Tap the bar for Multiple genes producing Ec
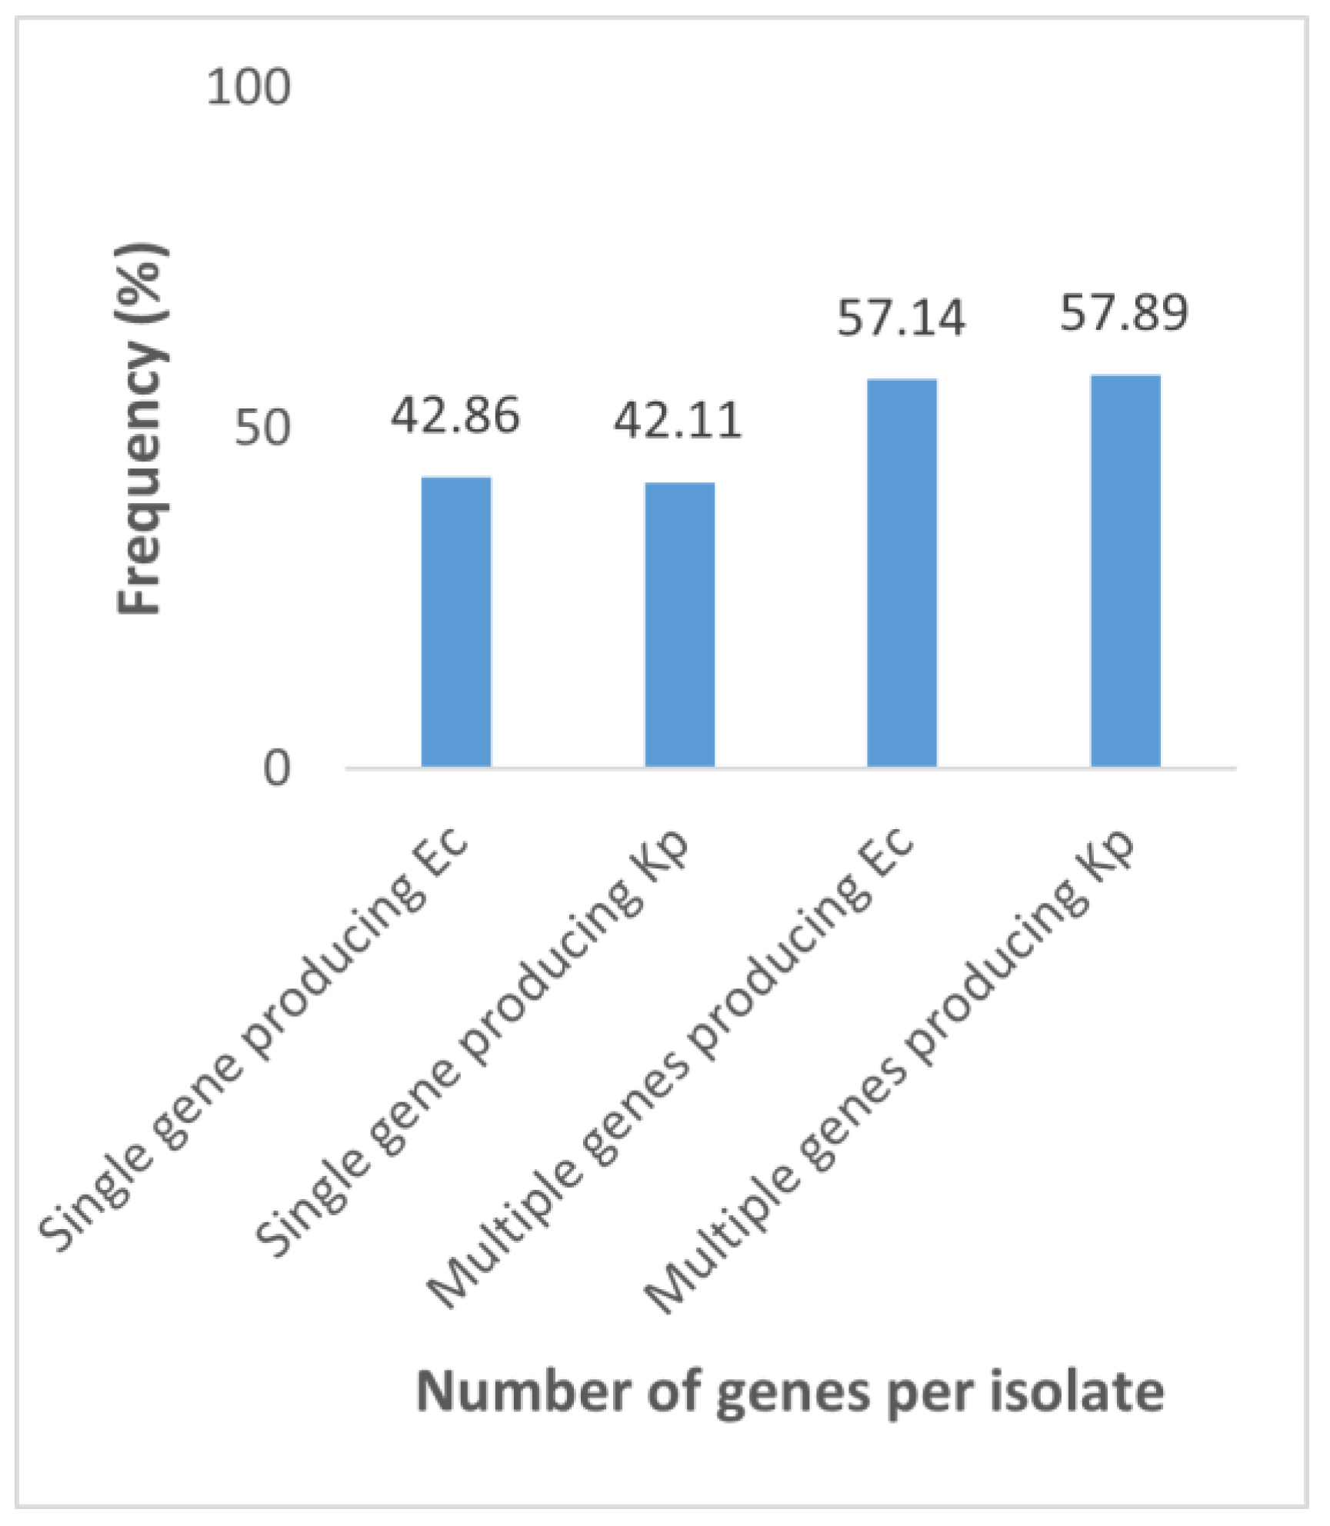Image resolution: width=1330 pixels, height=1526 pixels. (x=902, y=572)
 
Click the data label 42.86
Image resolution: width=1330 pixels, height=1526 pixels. (x=455, y=416)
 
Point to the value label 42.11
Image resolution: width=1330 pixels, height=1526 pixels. (x=678, y=421)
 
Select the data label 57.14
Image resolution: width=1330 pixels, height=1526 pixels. (x=901, y=318)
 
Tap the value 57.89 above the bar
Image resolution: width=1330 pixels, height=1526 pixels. (x=1124, y=313)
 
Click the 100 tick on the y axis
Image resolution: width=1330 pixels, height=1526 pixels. (x=248, y=87)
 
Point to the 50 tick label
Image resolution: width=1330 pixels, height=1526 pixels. (x=262, y=428)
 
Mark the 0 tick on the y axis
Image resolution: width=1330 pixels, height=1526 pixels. (x=276, y=768)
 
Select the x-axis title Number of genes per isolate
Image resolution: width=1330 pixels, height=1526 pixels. (x=790, y=1391)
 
